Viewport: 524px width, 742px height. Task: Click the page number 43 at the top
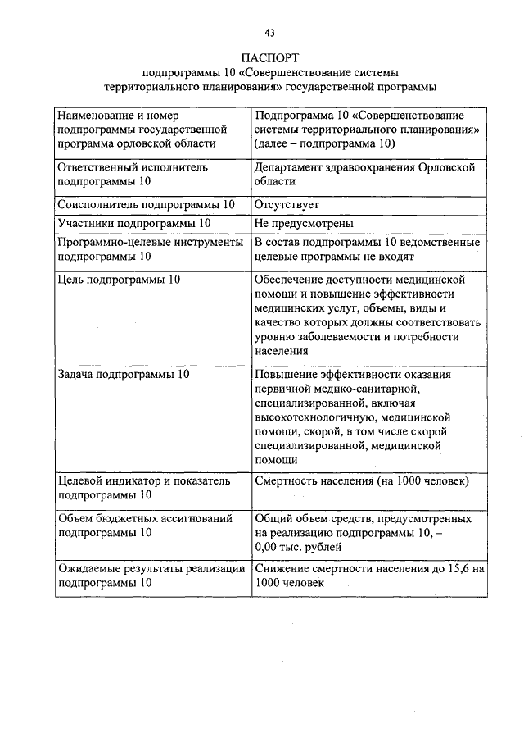coord(269,33)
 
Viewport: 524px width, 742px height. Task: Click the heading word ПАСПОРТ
coord(269,58)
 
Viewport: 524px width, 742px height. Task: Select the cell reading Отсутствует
coord(287,204)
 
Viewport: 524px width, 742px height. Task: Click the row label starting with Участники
coord(134,223)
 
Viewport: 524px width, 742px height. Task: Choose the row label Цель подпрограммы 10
coord(120,280)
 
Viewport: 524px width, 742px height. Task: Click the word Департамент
coord(293,166)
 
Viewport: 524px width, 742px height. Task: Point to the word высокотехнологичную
coord(310,417)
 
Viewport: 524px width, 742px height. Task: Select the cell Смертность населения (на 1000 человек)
coord(361,480)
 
